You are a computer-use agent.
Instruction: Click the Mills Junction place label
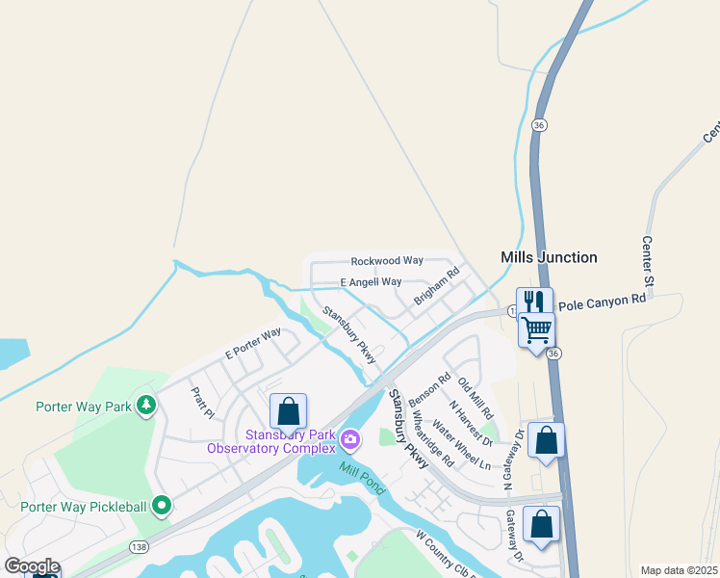tap(549, 258)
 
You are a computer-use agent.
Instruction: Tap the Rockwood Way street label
tap(387, 261)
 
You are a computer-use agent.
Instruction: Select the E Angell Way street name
tap(371, 282)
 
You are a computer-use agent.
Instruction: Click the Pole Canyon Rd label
tap(602, 301)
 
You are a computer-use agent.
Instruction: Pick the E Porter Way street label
tap(252, 344)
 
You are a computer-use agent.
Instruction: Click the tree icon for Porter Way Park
tap(145, 405)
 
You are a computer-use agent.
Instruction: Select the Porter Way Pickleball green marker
tap(162, 504)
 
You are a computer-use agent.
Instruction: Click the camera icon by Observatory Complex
tap(349, 440)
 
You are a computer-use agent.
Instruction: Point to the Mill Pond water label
tap(361, 477)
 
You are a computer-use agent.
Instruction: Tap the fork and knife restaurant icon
tap(534, 301)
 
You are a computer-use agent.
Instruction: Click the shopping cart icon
tap(536, 329)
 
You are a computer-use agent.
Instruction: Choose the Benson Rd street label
tap(429, 390)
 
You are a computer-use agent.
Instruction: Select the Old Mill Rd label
tap(476, 398)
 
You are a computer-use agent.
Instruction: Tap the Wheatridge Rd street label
tap(432, 439)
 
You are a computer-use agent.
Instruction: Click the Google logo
tap(32, 566)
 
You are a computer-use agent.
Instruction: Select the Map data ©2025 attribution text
tap(679, 570)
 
